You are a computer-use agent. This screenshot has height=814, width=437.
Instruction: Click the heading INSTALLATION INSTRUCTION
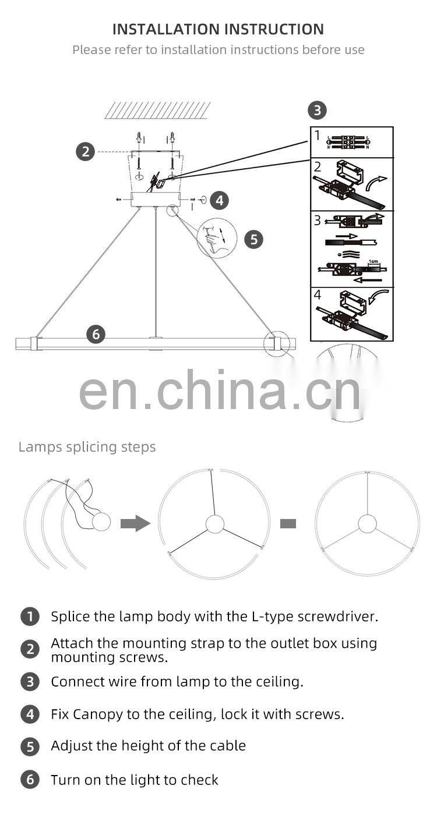(x=218, y=29)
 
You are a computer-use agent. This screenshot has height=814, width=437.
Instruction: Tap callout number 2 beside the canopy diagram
(x=85, y=152)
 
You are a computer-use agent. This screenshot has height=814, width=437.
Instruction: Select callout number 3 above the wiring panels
(x=317, y=110)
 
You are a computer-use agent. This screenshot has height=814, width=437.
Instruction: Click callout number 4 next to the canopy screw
(x=219, y=200)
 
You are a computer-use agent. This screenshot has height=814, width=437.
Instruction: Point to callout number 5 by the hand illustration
(x=253, y=239)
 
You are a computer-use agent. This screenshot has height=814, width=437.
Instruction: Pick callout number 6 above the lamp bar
(x=96, y=334)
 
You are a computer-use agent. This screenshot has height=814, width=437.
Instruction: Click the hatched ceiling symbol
(x=157, y=110)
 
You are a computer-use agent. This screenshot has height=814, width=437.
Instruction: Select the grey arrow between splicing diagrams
(x=135, y=524)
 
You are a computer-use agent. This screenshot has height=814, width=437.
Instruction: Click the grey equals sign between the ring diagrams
(x=288, y=524)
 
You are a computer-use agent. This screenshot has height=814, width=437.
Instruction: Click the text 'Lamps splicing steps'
(x=87, y=447)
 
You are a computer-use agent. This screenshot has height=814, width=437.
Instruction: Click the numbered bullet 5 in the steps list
(x=30, y=747)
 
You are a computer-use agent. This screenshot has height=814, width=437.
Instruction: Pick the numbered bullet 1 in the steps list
(x=30, y=617)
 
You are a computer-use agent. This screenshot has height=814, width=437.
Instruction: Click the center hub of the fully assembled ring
(x=367, y=524)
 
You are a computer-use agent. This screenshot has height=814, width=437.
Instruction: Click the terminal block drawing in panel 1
(x=350, y=141)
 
